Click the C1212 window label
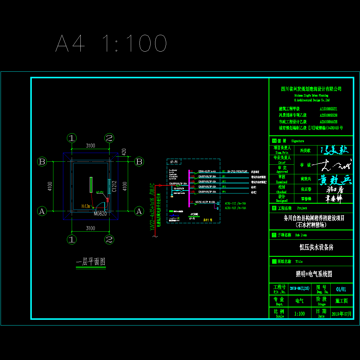point(114,186)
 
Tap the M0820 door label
point(100,214)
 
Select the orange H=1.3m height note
point(86,206)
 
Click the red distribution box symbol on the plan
point(108,200)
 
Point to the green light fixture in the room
point(91,184)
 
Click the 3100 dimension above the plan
point(90,146)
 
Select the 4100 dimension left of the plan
point(50,186)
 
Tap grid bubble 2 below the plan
point(109,239)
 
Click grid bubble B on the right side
point(139,162)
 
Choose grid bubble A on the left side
point(42,211)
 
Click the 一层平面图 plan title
point(91,262)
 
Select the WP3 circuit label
point(223,187)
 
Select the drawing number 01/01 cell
point(341,289)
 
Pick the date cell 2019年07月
point(341,314)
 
